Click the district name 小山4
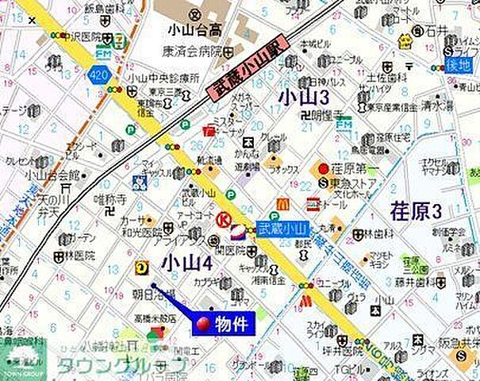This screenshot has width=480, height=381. (186, 263)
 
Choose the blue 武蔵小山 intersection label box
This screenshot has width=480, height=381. (280, 228)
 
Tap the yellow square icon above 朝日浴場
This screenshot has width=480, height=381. (143, 267)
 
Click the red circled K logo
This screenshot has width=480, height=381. (224, 220)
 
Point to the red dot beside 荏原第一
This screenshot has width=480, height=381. (324, 167)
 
